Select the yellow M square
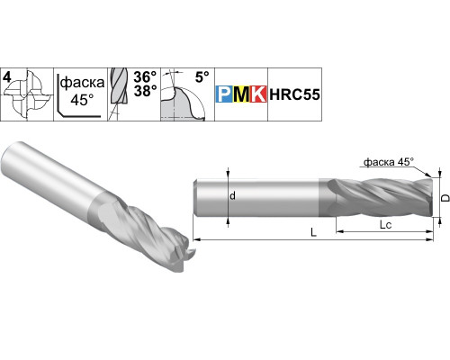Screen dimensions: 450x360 [x=241, y=94]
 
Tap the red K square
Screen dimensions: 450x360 [x=258, y=94]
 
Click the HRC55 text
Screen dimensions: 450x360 [x=294, y=94]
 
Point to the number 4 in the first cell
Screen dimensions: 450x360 [x=6, y=77]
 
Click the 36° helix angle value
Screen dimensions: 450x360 [x=145, y=77]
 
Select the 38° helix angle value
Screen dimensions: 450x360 [x=145, y=91]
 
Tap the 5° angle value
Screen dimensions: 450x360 [x=202, y=77]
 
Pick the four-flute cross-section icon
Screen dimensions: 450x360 [x=28, y=94]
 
